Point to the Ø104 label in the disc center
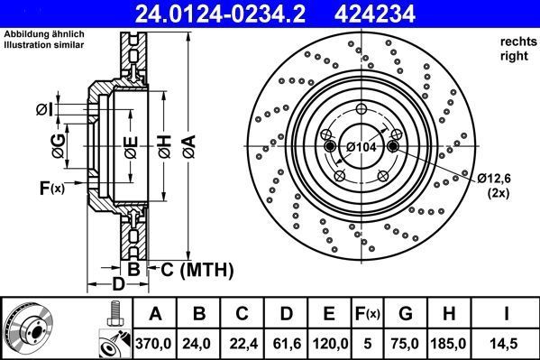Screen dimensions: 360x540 point(362,146)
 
